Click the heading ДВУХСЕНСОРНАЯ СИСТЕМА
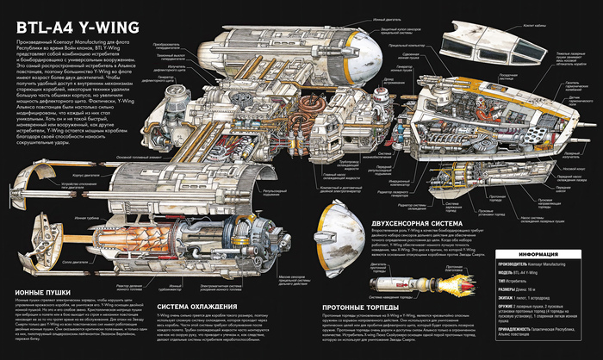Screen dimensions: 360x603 pos(379,221)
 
